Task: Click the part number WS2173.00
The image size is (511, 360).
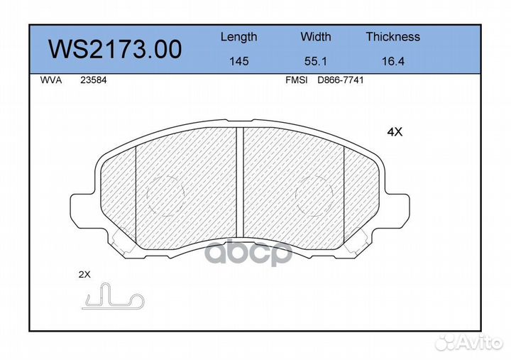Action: (x=115, y=50)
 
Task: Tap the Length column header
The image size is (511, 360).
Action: (x=239, y=37)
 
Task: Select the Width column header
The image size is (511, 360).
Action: (x=315, y=36)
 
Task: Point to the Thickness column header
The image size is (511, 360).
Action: (x=392, y=36)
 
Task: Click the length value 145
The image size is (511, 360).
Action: (x=239, y=61)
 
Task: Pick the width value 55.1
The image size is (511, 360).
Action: (x=315, y=61)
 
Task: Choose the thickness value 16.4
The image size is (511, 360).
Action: (x=393, y=61)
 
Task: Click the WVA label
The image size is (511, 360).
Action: (x=51, y=80)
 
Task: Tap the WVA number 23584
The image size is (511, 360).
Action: (x=93, y=80)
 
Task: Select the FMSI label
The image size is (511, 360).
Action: (x=296, y=80)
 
